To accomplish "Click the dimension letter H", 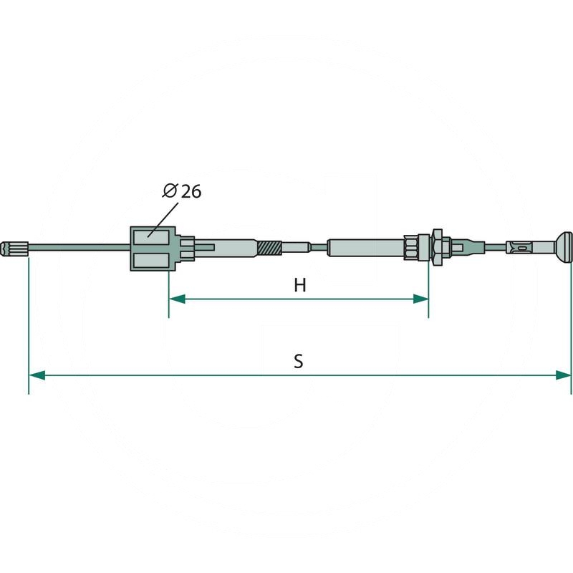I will tap(299, 285).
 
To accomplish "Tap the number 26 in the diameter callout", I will tap(191, 191).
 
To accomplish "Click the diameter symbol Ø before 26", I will tap(170, 191).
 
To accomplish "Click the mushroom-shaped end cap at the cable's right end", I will tap(563, 248).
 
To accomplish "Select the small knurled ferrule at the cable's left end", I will tap(16, 249).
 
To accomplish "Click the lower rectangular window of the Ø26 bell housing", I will tap(152, 261).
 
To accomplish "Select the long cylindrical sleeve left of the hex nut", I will tap(365, 249).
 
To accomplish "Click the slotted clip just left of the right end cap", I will tap(521, 249).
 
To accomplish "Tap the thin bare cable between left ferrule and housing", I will tap(79, 249).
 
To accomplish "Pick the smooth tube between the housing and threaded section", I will tap(233, 249).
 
